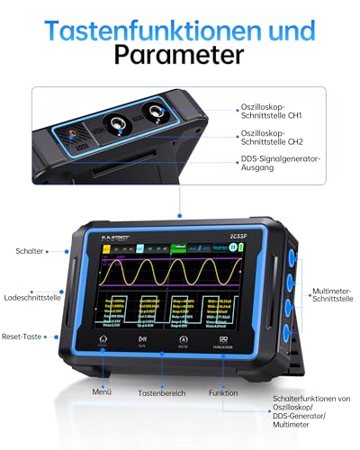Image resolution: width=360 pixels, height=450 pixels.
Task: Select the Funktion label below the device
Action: [x=222, y=393]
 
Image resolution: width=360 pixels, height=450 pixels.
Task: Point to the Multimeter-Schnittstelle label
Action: [x=334, y=296]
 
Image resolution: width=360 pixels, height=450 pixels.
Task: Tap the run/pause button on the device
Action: [x=140, y=342]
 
